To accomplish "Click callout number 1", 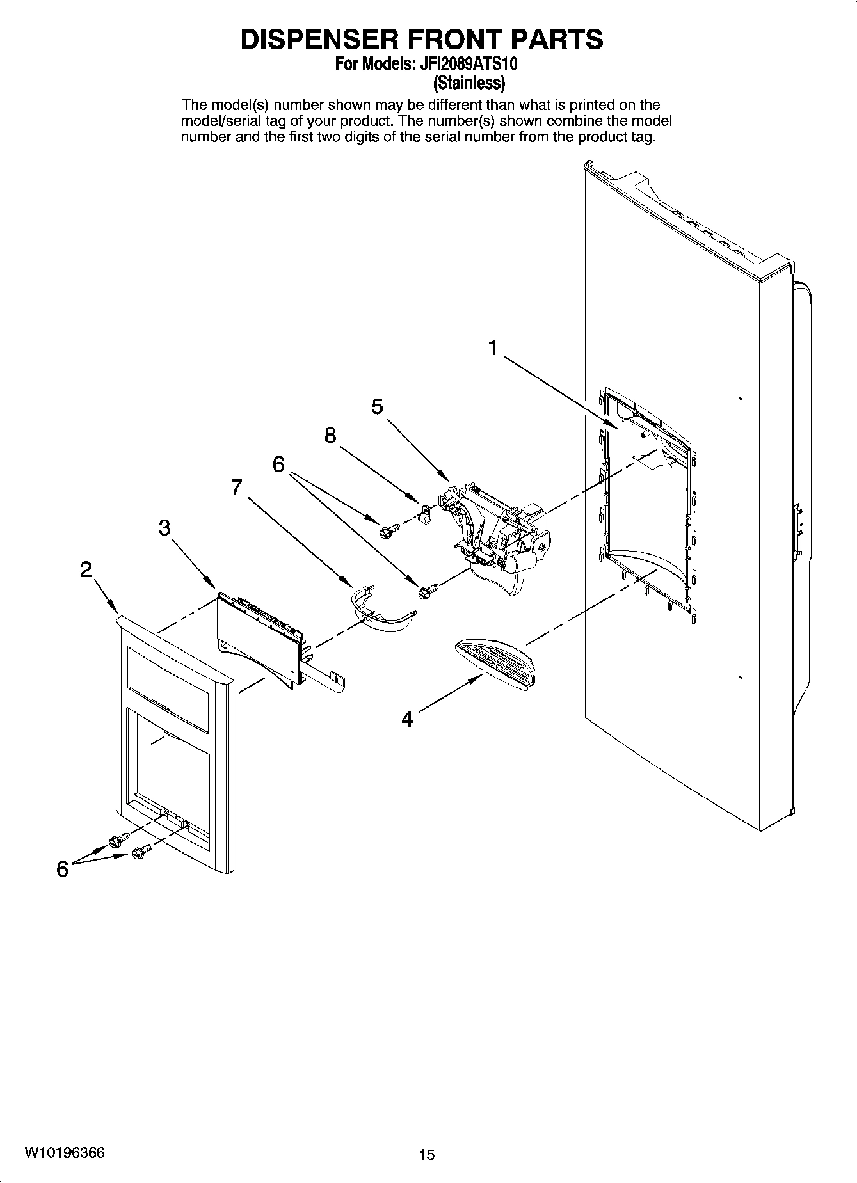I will [x=492, y=348].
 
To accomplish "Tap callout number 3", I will [x=165, y=528].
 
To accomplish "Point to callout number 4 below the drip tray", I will [x=407, y=719].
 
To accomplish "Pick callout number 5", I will [x=377, y=406].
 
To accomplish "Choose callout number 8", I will [x=330, y=436].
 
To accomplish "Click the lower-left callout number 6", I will [x=62, y=869].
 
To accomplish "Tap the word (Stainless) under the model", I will [x=470, y=83].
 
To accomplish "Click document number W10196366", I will [x=65, y=1152].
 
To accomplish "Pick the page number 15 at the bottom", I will [x=426, y=1154].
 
